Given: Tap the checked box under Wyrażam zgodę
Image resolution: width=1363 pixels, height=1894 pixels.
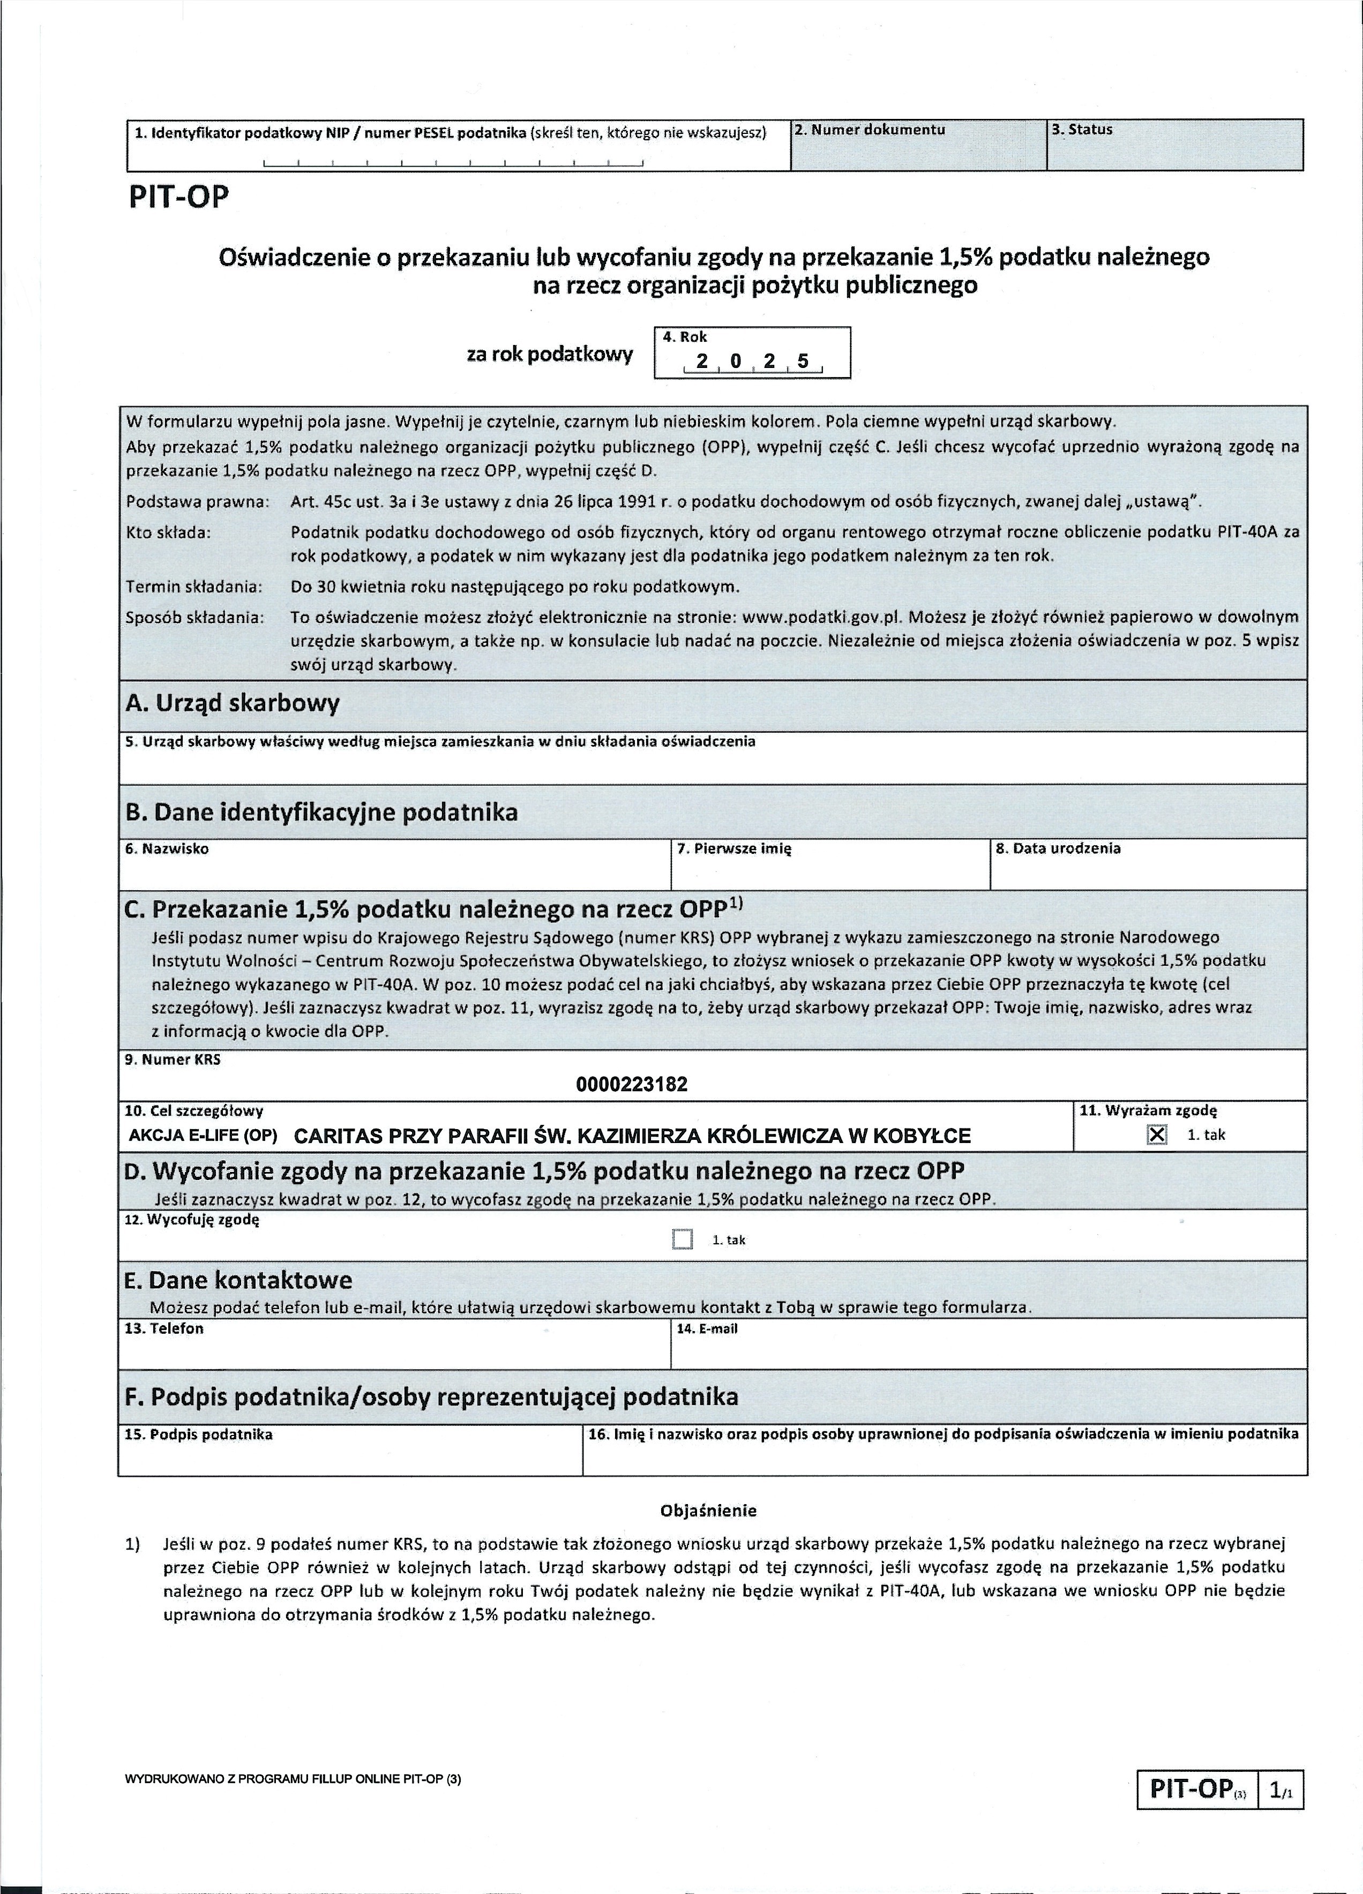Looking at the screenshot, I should (1157, 1135).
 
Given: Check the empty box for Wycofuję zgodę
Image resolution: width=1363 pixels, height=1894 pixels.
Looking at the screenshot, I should (683, 1239).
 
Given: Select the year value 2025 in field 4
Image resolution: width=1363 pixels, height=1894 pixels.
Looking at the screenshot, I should (752, 362).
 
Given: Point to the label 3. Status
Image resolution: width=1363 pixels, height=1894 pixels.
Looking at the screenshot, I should (1082, 130).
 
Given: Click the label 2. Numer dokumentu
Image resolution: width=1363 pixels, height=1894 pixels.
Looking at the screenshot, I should (870, 130).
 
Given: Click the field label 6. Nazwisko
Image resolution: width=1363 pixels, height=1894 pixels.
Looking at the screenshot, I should (167, 848).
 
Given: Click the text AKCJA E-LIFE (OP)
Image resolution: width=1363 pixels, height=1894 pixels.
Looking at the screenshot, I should (205, 1136).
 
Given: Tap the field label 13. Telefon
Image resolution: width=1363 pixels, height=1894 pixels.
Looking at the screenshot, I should (164, 1329).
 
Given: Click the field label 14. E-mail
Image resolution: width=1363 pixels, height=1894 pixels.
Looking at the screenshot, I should (707, 1329).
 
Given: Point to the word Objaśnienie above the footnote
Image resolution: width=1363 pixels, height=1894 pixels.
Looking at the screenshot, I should (708, 1510).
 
